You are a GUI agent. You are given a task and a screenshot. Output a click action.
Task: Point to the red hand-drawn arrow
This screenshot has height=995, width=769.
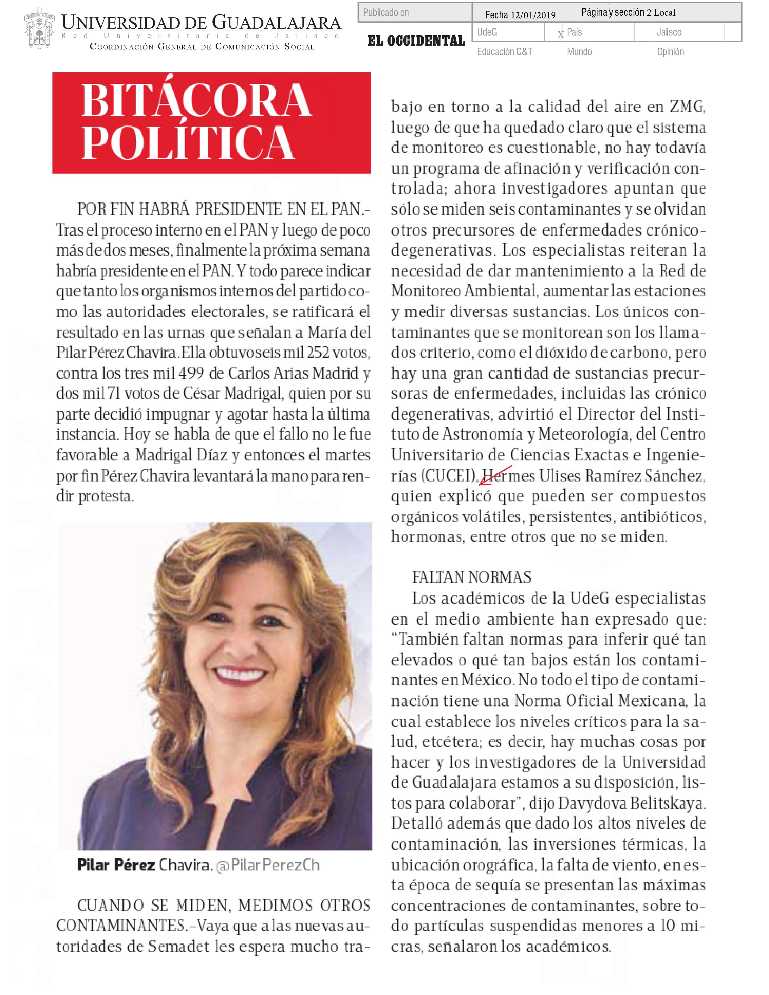[x=495, y=474]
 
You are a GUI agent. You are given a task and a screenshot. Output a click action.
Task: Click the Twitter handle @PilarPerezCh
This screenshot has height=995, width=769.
[x=267, y=865]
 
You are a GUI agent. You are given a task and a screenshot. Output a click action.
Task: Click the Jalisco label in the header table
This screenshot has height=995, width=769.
[x=669, y=32]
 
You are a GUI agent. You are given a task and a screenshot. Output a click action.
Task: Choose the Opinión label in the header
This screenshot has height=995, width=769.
[x=670, y=52]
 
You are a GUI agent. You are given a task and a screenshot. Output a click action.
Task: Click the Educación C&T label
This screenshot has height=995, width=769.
[x=504, y=52]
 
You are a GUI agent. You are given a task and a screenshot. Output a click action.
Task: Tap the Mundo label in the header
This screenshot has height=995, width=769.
[x=579, y=52]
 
